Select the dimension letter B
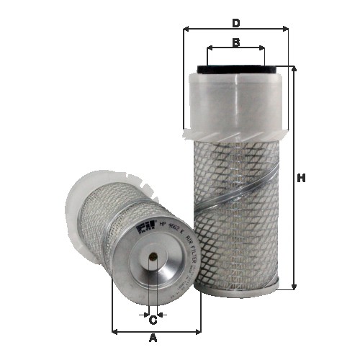click(235, 42)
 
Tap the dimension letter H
click(301, 178)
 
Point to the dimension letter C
click(153, 321)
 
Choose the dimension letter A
click(153, 338)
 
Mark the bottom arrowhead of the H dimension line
click(294, 287)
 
